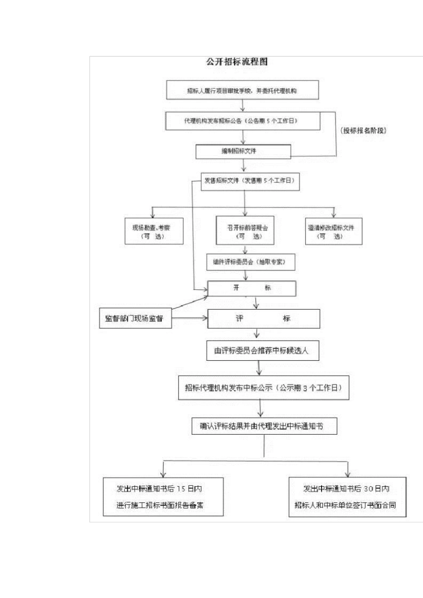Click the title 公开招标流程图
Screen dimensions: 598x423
(x=237, y=62)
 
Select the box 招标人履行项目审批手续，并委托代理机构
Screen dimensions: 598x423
(x=242, y=90)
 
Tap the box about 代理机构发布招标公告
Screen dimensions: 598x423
(x=243, y=121)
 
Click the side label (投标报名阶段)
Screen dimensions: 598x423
(x=363, y=130)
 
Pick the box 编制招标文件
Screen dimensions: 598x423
(x=243, y=151)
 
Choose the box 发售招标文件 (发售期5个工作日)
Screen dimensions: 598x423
(x=250, y=181)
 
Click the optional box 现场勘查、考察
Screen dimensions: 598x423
(x=154, y=231)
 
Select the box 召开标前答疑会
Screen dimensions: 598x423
(x=245, y=231)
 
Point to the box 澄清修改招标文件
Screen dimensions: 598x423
(x=334, y=231)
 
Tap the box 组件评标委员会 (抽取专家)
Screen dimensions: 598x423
(x=250, y=262)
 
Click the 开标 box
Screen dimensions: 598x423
(x=252, y=288)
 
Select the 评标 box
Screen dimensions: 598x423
(x=263, y=319)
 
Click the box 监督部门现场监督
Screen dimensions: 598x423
(x=135, y=319)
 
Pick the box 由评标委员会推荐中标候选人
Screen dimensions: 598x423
(x=262, y=351)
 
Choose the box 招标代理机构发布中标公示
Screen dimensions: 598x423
(x=264, y=388)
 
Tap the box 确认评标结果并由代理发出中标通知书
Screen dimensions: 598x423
(x=264, y=426)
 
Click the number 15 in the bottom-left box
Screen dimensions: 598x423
(x=181, y=489)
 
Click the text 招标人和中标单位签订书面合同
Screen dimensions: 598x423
(x=345, y=505)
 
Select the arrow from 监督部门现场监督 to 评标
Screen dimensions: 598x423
(x=190, y=318)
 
